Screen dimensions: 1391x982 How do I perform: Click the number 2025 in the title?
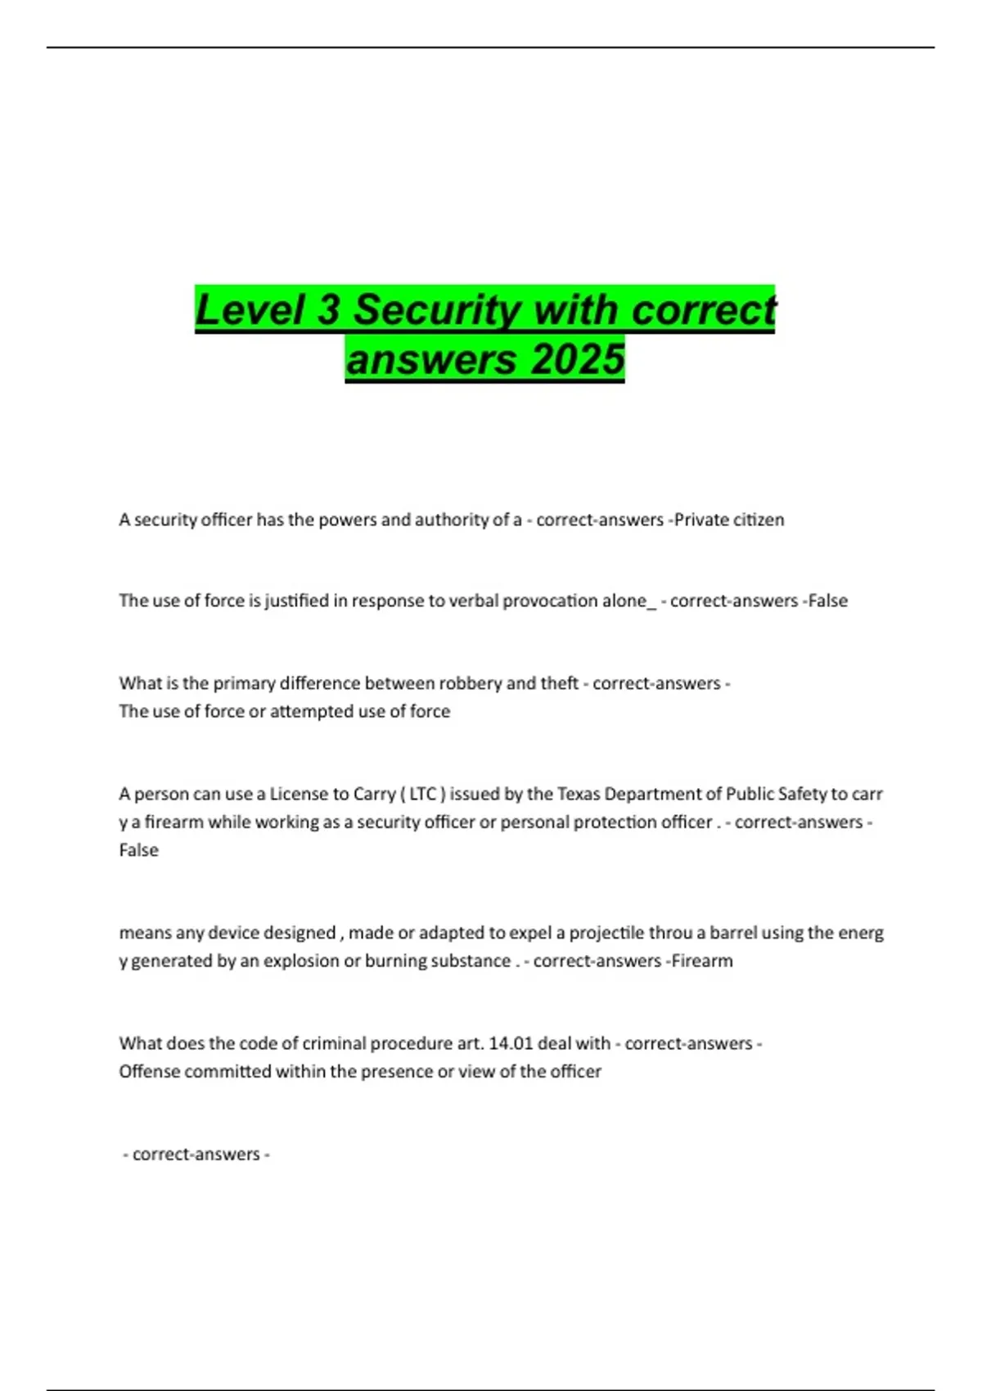pyautogui.click(x=578, y=360)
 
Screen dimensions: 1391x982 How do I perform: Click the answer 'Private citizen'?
pyautogui.click(x=729, y=520)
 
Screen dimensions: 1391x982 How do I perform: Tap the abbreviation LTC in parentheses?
pyautogui.click(x=423, y=794)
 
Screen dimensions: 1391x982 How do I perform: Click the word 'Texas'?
pyautogui.click(x=579, y=794)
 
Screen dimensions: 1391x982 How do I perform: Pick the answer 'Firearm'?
pyautogui.click(x=702, y=961)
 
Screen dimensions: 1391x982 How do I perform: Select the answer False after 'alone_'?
pyautogui.click(x=827, y=601)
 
